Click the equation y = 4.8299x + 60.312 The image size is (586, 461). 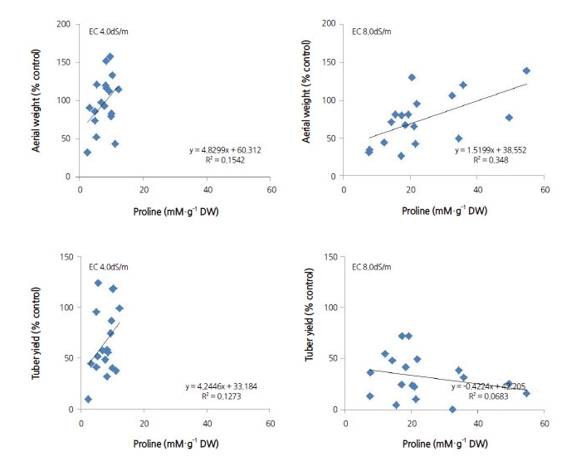point(222,151)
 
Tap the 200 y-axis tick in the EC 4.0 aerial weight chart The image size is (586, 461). point(62,24)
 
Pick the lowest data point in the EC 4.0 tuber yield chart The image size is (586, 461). point(88,399)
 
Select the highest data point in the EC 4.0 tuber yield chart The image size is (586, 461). point(98,283)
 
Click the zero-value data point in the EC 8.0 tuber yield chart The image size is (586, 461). point(452,409)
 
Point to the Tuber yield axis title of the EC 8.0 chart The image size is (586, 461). point(310,332)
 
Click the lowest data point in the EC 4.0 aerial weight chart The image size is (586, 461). point(87,153)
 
